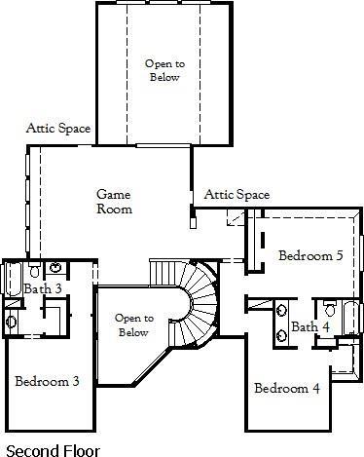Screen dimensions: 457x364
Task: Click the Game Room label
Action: (x=115, y=202)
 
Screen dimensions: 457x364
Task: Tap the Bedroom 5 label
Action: (x=310, y=256)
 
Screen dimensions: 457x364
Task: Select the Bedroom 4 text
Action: (x=287, y=389)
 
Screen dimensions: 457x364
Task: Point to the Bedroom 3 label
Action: (x=47, y=381)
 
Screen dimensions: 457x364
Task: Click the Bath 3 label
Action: (x=43, y=289)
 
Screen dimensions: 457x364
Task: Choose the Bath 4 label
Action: (x=310, y=326)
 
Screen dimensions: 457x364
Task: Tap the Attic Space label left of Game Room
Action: (x=59, y=129)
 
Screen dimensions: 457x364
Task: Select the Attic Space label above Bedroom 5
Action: (x=237, y=196)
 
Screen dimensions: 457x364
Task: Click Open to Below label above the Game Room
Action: (x=164, y=69)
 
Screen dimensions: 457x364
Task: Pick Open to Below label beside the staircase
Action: (x=133, y=325)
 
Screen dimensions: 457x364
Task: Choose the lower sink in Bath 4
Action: (x=281, y=336)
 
